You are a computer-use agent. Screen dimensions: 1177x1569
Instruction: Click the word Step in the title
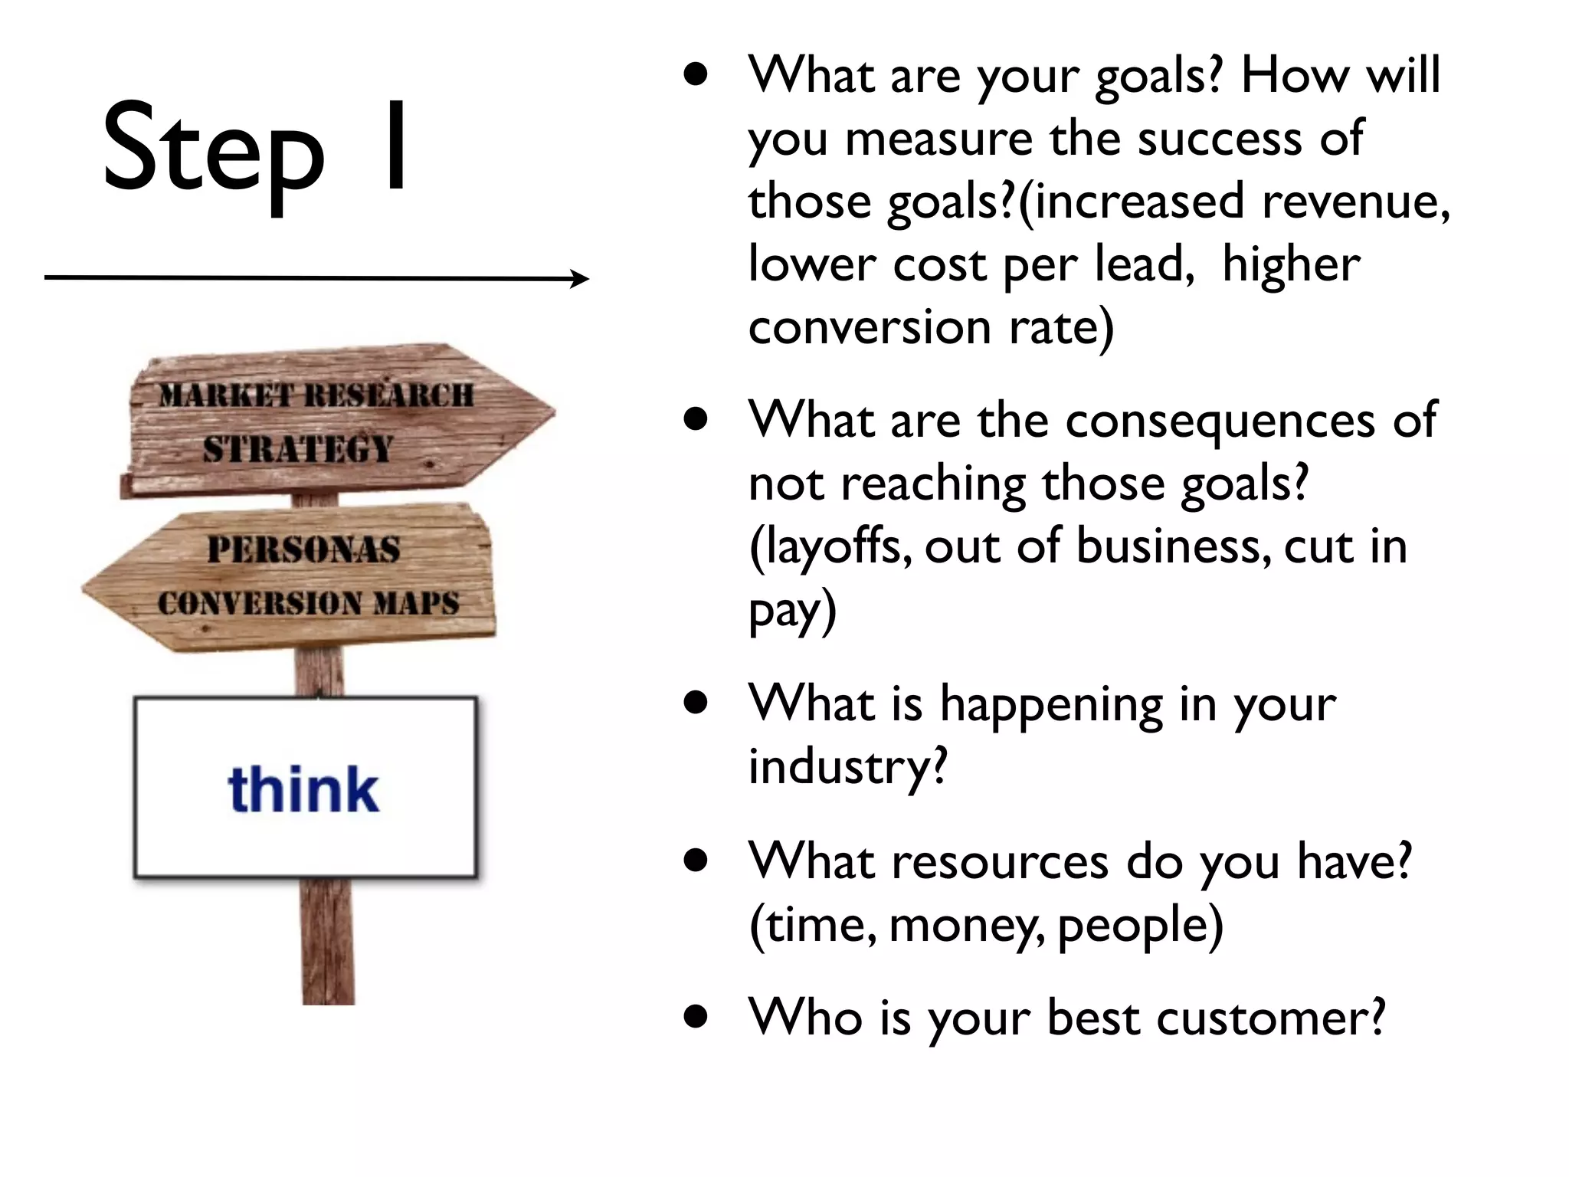(x=215, y=149)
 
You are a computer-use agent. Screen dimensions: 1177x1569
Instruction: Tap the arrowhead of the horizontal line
(x=582, y=279)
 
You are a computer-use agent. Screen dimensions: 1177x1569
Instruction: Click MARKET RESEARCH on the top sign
(x=316, y=396)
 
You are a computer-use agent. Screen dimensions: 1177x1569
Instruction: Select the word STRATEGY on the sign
(x=298, y=449)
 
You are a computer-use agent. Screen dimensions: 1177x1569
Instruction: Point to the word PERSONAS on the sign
(x=304, y=549)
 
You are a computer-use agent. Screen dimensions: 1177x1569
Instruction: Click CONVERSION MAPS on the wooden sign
(x=308, y=603)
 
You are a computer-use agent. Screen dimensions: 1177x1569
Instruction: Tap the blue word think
(x=303, y=789)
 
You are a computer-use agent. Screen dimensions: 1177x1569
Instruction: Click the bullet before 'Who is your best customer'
(x=696, y=1018)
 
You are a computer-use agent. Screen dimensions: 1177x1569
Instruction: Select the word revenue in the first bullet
(x=1355, y=201)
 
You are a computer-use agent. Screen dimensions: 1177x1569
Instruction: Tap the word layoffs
(x=832, y=546)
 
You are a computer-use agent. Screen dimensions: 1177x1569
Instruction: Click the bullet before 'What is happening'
(x=696, y=703)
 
